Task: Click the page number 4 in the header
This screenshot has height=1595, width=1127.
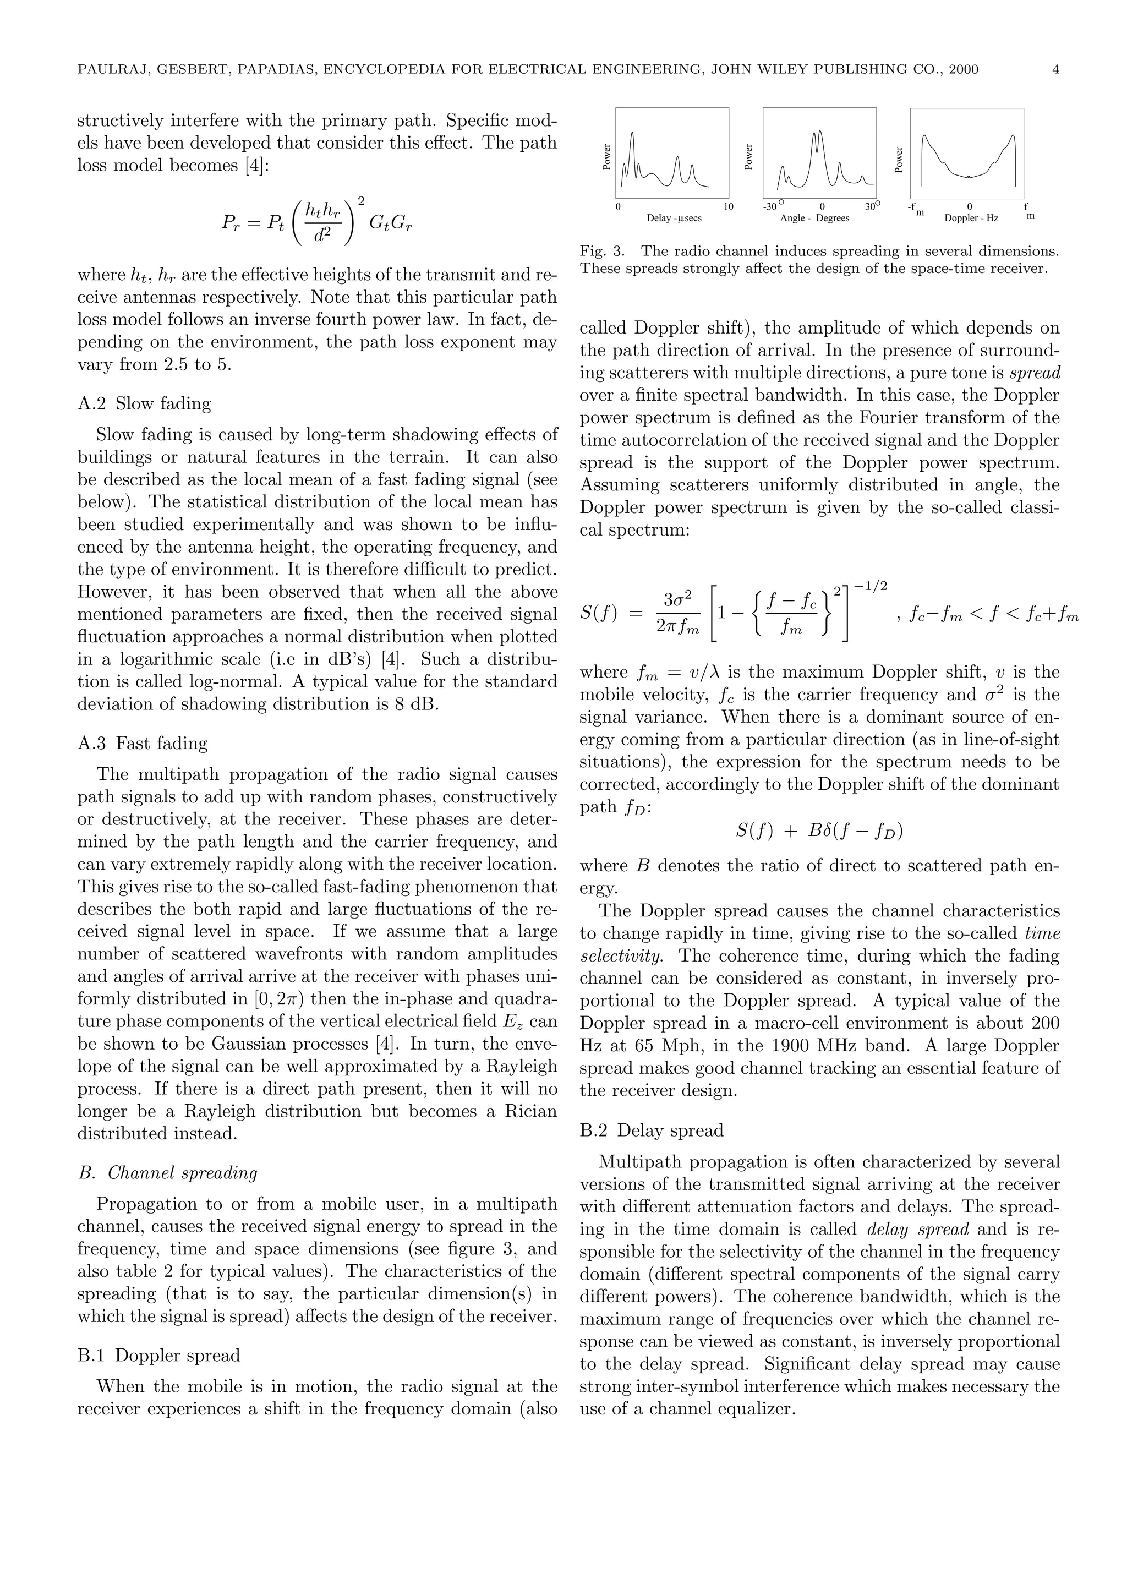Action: click(x=1055, y=69)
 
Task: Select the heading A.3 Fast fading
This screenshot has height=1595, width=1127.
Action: click(x=143, y=744)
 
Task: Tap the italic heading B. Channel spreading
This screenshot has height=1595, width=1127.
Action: click(x=167, y=1173)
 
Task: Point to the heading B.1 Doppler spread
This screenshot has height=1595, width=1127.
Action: click(x=159, y=1356)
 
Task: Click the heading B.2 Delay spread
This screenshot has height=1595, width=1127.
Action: click(x=652, y=1130)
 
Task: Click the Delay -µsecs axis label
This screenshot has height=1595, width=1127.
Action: click(x=674, y=218)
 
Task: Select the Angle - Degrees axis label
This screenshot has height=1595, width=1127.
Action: click(x=814, y=218)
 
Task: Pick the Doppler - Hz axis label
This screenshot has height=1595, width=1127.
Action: click(x=971, y=218)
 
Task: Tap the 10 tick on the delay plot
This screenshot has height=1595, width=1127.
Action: click(x=729, y=207)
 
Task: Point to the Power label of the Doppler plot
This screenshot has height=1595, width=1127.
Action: click(x=899, y=159)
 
